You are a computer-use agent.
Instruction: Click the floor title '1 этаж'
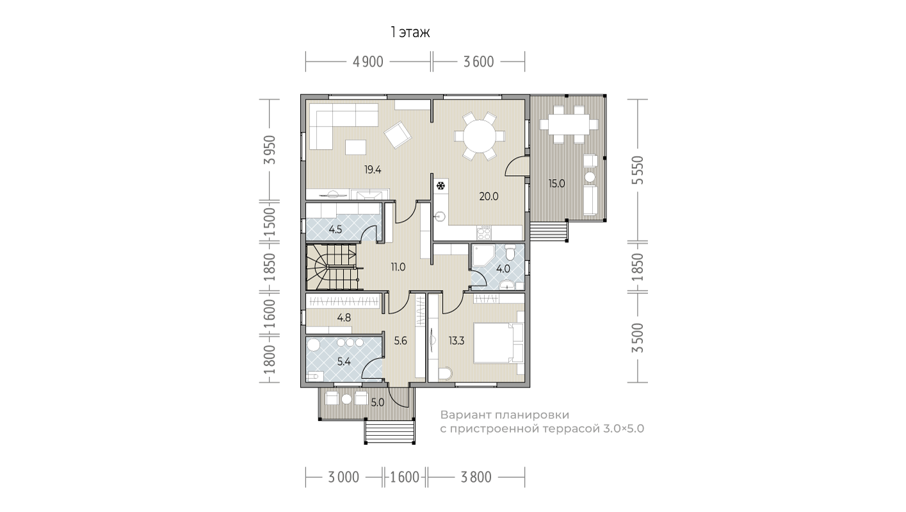(410, 33)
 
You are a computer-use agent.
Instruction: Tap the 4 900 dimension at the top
(368, 62)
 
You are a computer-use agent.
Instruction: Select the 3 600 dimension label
(478, 62)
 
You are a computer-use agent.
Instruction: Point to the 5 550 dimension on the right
(638, 170)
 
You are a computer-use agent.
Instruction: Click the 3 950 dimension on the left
(270, 150)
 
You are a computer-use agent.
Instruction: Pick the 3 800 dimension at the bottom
(476, 477)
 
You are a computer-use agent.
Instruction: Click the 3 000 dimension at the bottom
(343, 477)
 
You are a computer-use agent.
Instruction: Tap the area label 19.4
(373, 170)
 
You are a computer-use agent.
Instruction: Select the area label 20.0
(489, 196)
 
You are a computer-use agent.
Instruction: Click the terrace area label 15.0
(556, 184)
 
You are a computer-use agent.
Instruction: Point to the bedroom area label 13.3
(457, 341)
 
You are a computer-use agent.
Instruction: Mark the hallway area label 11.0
(398, 267)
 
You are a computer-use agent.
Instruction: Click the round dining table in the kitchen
(480, 136)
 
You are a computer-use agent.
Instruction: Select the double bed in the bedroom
(499, 343)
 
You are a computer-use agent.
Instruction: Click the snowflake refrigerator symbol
(441, 186)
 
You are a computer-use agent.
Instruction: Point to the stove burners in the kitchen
(484, 232)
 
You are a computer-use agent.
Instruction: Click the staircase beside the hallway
(332, 267)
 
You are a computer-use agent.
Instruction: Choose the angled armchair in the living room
(398, 135)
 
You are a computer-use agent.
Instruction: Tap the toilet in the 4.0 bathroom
(510, 252)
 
